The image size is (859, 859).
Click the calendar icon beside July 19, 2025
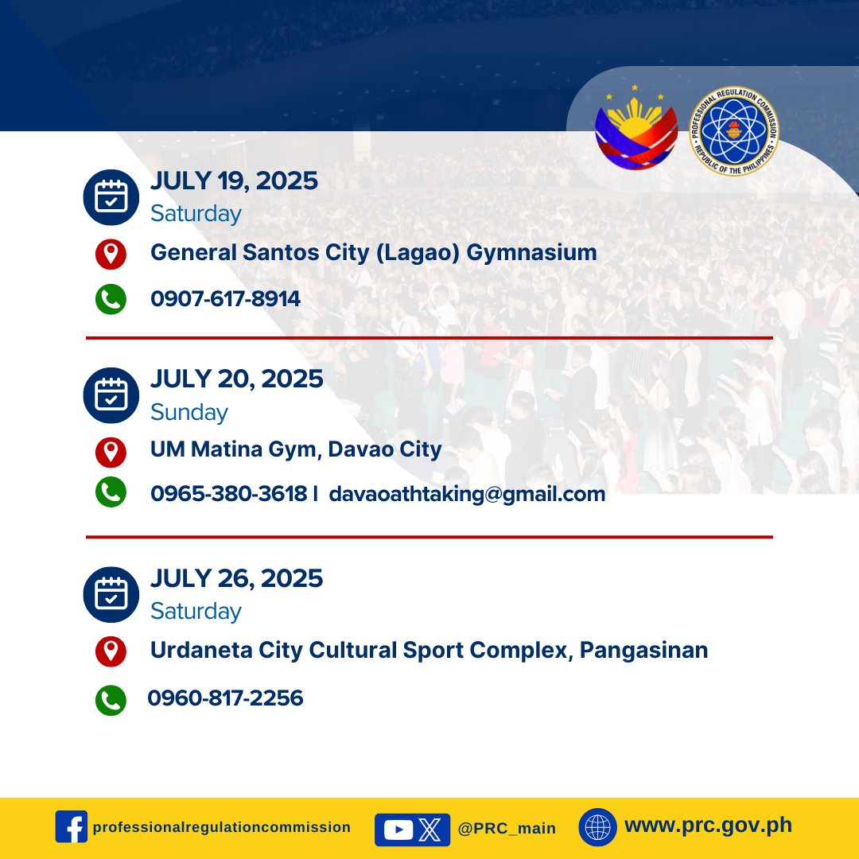click(111, 197)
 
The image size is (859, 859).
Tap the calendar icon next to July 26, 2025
click(111, 594)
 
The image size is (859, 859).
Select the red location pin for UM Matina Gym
click(111, 453)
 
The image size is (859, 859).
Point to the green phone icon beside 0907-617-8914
click(111, 299)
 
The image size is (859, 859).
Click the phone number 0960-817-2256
click(225, 698)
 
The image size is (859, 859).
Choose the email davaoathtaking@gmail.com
click(467, 494)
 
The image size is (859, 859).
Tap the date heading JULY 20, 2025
click(237, 379)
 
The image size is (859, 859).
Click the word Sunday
click(189, 412)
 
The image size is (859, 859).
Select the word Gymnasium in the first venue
click(531, 253)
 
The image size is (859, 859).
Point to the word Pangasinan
click(643, 651)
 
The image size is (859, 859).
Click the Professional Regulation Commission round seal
click(734, 131)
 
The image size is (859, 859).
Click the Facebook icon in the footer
click(72, 826)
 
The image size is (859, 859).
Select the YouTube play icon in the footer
click(398, 830)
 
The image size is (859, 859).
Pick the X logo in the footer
click(430, 830)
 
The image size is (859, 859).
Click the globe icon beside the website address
click(597, 827)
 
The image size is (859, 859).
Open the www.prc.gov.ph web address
click(709, 825)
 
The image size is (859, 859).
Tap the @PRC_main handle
click(507, 828)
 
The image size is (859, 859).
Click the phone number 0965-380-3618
click(229, 494)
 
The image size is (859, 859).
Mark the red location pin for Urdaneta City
click(111, 651)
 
